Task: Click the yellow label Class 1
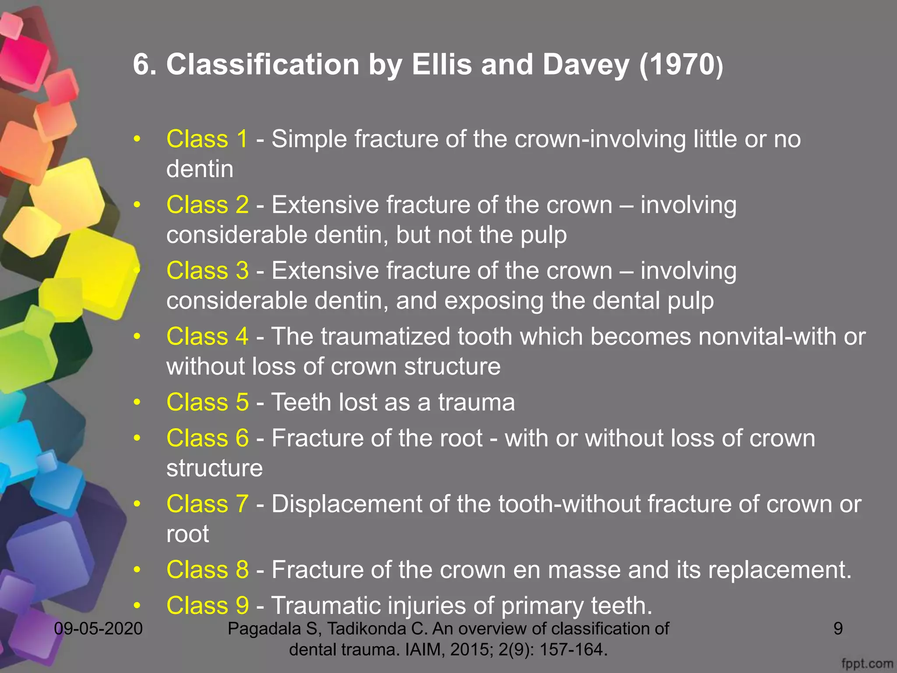(x=207, y=139)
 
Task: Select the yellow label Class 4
(x=207, y=336)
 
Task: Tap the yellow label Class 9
(x=207, y=606)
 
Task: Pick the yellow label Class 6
(x=207, y=438)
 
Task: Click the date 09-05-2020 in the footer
(x=99, y=629)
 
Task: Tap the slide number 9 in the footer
(x=838, y=629)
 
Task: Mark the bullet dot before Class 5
(x=137, y=402)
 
